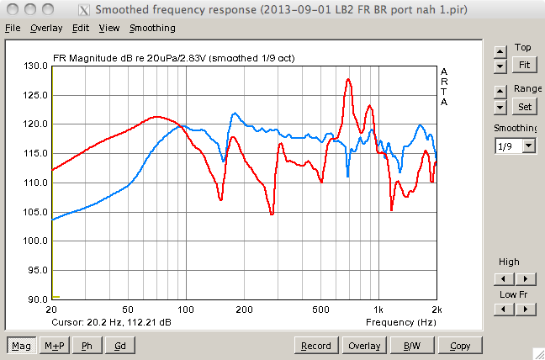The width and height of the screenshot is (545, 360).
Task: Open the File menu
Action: click(x=12, y=28)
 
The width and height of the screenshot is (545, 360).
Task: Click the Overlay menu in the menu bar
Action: click(x=46, y=28)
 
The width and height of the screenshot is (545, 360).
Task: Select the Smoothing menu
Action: click(x=152, y=28)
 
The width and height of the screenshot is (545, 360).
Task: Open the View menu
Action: click(x=108, y=28)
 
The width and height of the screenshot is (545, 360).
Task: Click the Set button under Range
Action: click(x=525, y=107)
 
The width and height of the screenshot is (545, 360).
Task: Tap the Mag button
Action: click(x=22, y=346)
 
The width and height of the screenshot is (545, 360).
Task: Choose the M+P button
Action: click(x=56, y=346)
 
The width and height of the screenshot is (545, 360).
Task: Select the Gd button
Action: click(x=120, y=346)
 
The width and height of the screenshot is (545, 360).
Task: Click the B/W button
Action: click(x=412, y=346)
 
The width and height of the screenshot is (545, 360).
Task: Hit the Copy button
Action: click(x=460, y=346)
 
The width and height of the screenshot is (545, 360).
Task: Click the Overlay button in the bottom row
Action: click(x=365, y=346)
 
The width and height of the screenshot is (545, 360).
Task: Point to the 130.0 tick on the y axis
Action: click(x=34, y=66)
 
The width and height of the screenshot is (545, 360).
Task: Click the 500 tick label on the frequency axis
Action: click(x=320, y=310)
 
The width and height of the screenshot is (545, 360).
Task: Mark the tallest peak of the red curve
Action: click(x=348, y=79)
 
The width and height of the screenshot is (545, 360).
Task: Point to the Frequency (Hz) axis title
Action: click(x=400, y=322)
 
